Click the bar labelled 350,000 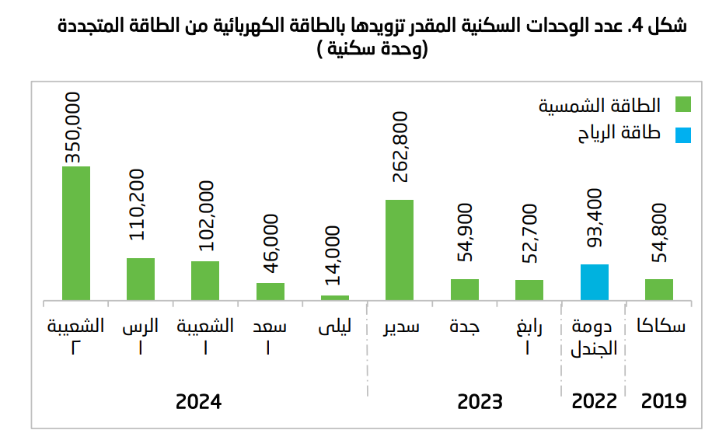coord(76,232)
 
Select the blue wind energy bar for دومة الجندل coord(595,281)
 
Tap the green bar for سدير coord(400,249)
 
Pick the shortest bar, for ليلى coord(335,297)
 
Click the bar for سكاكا coord(659,288)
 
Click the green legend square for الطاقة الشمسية coord(683,106)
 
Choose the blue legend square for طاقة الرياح coord(683,135)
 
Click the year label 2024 coord(199,402)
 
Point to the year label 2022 coord(595,402)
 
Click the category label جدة coord(465,327)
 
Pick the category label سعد coord(270,327)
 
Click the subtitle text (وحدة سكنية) coord(362,51)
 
